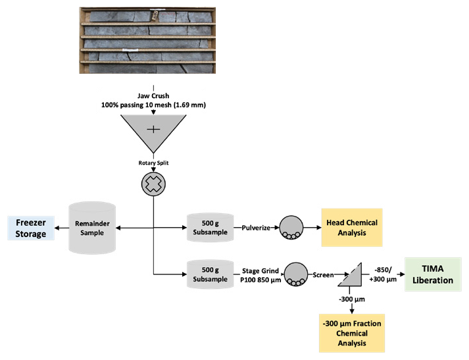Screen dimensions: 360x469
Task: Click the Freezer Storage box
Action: pos(28,228)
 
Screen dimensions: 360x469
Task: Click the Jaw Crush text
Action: pos(153,95)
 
